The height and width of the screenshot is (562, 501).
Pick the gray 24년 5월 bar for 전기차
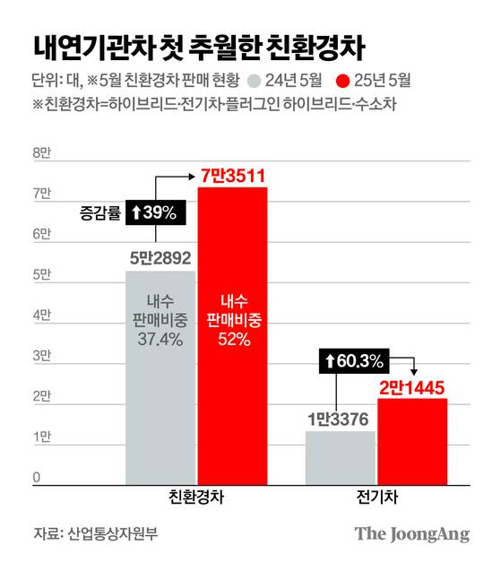pos(340,457)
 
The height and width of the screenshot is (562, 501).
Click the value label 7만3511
pos(232,173)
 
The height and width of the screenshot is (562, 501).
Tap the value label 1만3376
pos(340,418)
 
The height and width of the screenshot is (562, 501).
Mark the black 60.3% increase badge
pos(354,362)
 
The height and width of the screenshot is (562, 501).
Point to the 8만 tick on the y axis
pos(42,154)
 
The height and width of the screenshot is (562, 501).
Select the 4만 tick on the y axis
pos(42,316)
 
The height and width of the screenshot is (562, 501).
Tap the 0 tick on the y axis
pos(38,478)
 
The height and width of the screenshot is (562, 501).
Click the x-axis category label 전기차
pos(376,497)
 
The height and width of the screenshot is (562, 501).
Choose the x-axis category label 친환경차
pos(196,497)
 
